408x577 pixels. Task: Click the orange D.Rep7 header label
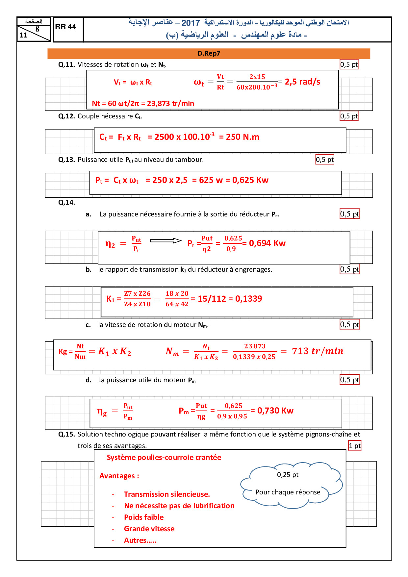point(209,53)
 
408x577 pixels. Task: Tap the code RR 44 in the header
point(65,27)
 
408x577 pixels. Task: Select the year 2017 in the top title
point(191,23)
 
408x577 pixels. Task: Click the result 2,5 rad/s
point(302,82)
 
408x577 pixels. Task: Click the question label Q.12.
point(67,116)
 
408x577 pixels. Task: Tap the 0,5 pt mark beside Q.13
point(324,160)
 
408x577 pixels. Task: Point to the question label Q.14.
point(66,203)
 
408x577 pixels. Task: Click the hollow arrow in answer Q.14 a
point(166,241)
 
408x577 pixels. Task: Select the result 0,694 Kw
point(267,243)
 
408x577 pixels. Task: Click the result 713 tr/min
point(318,351)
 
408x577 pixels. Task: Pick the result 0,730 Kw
point(275,411)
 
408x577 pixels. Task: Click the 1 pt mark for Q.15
point(355,446)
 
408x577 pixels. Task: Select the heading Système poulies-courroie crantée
point(164,458)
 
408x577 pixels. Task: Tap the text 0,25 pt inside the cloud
point(288,475)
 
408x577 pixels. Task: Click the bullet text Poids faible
point(144,517)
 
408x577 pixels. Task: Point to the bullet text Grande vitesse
point(149,529)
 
